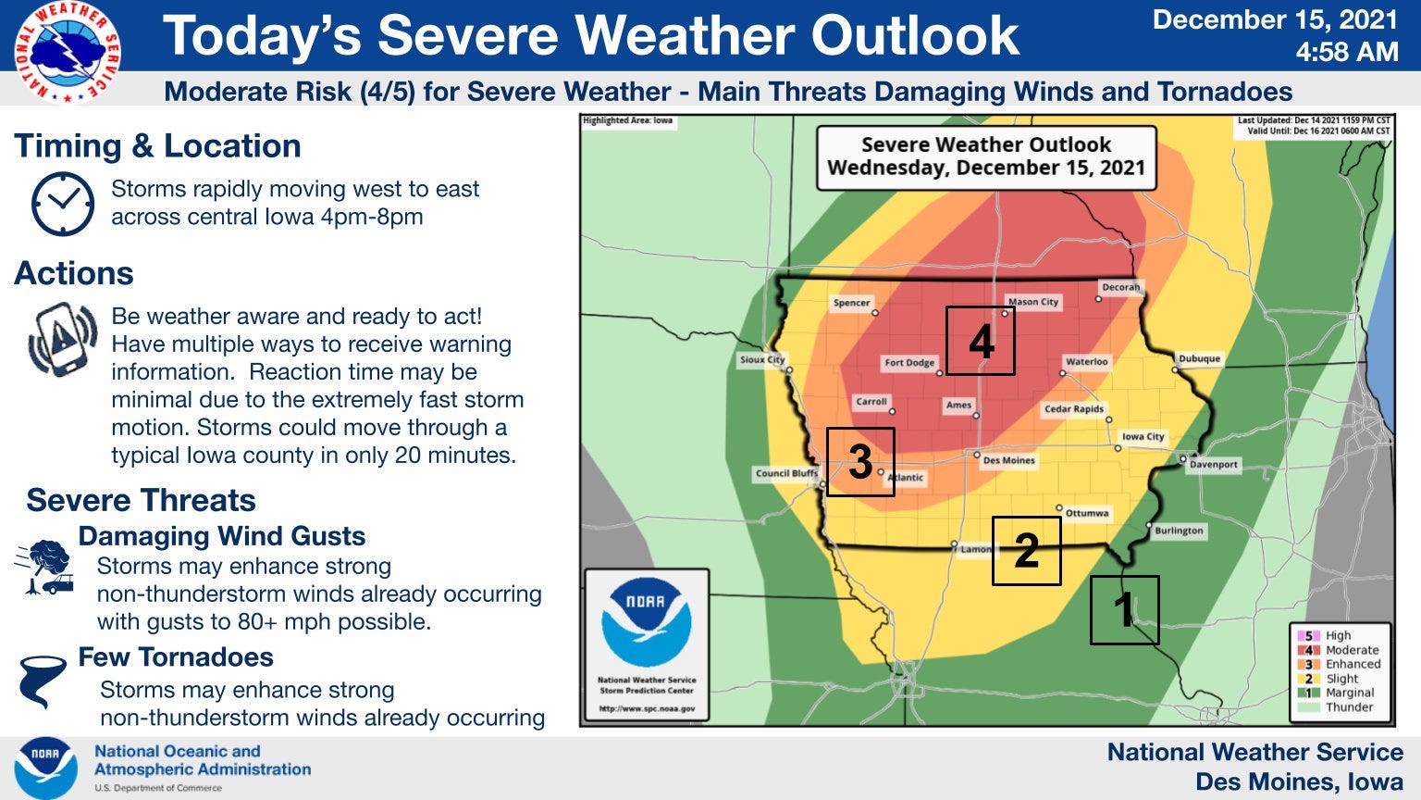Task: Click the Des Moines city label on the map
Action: (x=1008, y=460)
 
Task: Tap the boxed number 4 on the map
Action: (x=980, y=341)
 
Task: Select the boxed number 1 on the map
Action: (x=1124, y=610)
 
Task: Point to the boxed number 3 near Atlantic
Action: (x=859, y=462)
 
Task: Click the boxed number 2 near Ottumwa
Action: (x=1026, y=551)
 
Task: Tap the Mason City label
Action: (x=1033, y=302)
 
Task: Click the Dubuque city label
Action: (x=1199, y=358)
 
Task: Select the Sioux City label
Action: (x=762, y=359)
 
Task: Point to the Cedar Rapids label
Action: (x=1074, y=408)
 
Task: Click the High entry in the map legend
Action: (x=1338, y=635)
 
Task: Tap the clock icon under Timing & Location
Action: (x=63, y=203)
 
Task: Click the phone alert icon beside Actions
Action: (x=63, y=340)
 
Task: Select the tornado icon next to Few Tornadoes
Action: (x=43, y=681)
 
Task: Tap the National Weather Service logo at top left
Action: (x=67, y=51)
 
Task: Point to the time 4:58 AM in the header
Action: (x=1346, y=52)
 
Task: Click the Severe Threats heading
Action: (x=141, y=500)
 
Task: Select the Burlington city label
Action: (x=1179, y=531)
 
